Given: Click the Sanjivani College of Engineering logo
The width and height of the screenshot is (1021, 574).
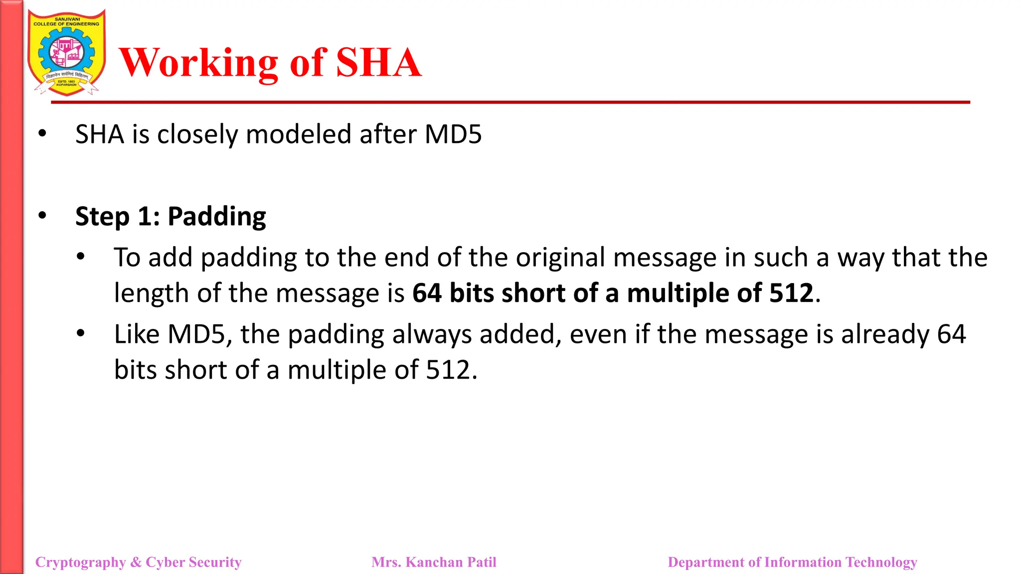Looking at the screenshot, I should pos(66,53).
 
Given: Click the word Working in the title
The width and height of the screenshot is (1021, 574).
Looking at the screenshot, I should pos(198,63).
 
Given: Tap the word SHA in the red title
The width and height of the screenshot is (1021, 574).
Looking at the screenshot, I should pos(379,63).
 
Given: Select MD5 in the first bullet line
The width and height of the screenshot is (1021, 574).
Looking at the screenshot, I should pos(453,135).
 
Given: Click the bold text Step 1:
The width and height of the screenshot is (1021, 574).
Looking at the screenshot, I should pos(118,217).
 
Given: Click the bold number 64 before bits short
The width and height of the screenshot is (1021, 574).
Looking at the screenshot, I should pos(427,293).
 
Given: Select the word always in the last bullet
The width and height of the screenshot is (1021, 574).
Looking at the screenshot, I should pos(432,334).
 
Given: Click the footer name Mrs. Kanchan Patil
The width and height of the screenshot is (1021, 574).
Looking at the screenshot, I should pos(434,562).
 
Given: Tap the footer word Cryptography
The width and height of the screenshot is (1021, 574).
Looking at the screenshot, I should pos(80,562).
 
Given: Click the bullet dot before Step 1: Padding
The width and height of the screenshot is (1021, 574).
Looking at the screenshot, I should pos(42,216).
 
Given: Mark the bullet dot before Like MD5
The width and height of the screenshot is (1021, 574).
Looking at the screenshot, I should pos(81,333).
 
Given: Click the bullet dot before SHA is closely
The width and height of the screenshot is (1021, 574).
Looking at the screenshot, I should pos(42,134).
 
